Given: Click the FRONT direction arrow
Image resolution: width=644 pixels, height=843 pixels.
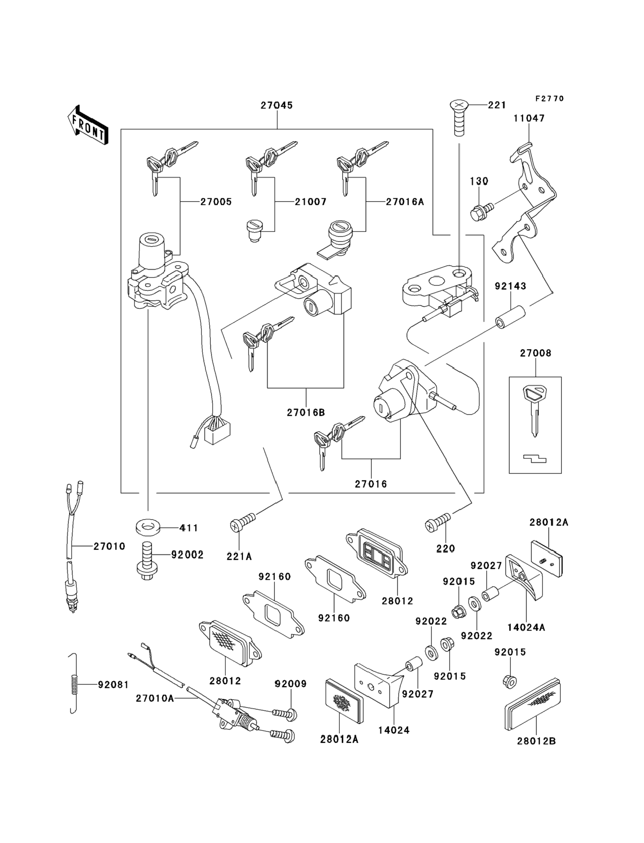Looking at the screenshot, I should (x=88, y=125).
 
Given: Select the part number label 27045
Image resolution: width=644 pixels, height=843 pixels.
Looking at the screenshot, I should (x=277, y=105).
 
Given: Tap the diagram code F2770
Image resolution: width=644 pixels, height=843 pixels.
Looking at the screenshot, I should (x=550, y=99).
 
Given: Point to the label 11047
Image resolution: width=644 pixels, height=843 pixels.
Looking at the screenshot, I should (x=529, y=118).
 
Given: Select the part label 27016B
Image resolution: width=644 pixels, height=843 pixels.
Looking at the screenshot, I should (x=306, y=412).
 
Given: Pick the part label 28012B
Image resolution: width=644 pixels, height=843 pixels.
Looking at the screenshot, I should (x=536, y=741).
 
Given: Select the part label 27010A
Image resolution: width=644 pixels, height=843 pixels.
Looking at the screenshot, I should (x=155, y=698).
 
